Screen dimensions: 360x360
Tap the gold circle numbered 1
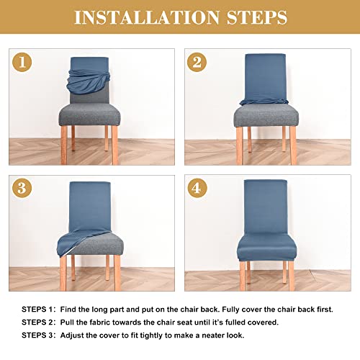(24, 63)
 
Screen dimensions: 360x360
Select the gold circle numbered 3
(24, 189)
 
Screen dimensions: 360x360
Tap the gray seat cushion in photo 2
(266, 117)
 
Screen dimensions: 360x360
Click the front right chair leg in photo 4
(292, 275)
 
